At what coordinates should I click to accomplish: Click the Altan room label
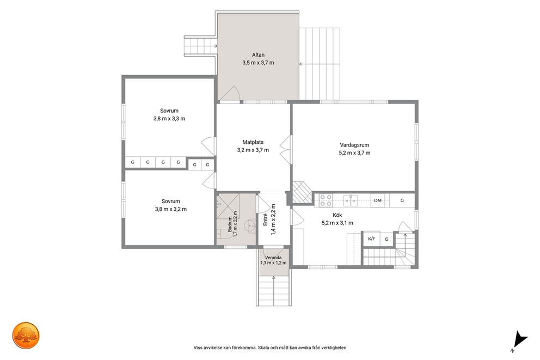tap(258, 55)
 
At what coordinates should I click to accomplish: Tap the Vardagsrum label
tap(354, 145)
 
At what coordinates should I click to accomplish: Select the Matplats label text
tap(253, 142)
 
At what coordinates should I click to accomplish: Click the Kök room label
tap(337, 215)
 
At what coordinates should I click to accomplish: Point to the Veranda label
tap(273, 258)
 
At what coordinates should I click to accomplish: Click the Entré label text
tap(265, 219)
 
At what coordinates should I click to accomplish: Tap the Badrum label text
tap(230, 224)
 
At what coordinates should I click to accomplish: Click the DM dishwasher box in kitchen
tap(378, 200)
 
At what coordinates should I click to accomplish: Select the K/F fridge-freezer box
tap(372, 239)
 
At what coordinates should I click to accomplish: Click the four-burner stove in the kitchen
tap(326, 200)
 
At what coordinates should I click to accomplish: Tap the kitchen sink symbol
tap(351, 200)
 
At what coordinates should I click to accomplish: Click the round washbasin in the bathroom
tap(249, 226)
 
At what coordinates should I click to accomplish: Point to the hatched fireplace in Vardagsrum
tap(302, 192)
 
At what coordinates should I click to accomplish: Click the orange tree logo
tap(26, 335)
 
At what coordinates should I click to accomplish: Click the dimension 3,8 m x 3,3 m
tap(169, 119)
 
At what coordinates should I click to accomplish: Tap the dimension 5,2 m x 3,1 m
tap(337, 223)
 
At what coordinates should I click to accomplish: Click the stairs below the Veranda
tap(274, 291)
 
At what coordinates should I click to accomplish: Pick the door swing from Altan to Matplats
tap(230, 93)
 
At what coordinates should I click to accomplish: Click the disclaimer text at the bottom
tap(270, 347)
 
